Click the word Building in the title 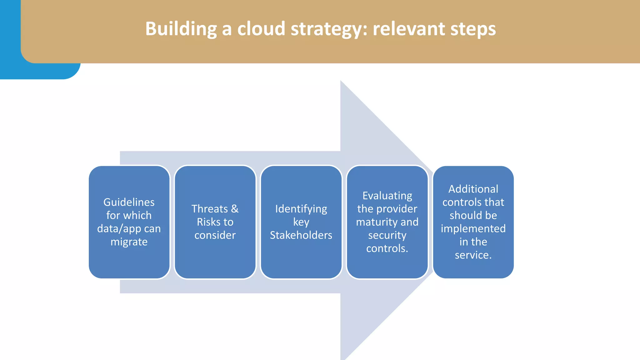[181, 29]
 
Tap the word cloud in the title [261, 29]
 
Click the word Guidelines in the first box [129, 202]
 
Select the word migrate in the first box [129, 242]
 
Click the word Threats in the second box [210, 209]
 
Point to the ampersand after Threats [235, 209]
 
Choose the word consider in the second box [215, 235]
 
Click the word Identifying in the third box [301, 209]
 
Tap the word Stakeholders [301, 235]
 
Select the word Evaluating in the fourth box [387, 196]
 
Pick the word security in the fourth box [387, 235]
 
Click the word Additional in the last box [473, 189]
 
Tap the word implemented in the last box [473, 229]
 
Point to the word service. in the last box [473, 255]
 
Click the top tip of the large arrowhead [341, 81]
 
